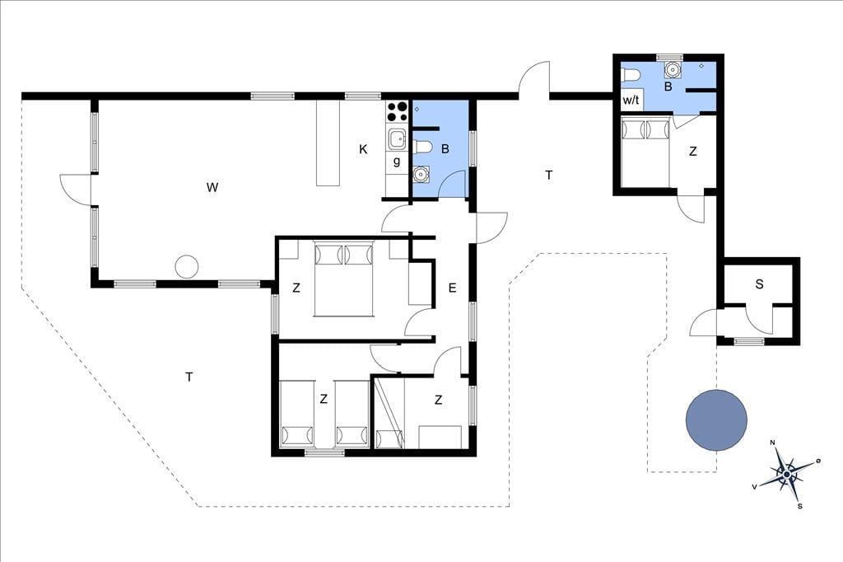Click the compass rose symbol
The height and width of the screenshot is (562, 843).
pos(786,475)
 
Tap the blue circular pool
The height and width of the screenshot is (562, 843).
pos(716,420)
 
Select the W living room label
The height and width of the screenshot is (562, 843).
pos(212,187)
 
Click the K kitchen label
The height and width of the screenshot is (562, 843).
pos(363,149)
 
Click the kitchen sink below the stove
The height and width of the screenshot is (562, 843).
pos(398,139)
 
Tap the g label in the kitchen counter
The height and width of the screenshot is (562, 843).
pos(397,161)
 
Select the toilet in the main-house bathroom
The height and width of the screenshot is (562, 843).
pos(423,147)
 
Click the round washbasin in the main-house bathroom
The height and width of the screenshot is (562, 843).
pos(421,174)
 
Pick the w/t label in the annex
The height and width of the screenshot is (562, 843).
pos(631,101)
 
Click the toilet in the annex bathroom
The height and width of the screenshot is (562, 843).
pos(629,76)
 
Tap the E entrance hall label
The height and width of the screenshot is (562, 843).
pos(452,288)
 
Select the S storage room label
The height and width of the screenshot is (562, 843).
pos(759,283)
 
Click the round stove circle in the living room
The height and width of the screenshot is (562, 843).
pos(187,266)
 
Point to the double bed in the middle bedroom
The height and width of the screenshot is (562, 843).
pos(343,279)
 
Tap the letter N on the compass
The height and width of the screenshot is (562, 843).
pos(772,443)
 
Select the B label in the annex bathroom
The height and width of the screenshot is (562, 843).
pos(668,87)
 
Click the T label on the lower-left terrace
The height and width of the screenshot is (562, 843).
pos(189,377)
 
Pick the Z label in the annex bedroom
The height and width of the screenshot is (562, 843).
pos(692,152)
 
